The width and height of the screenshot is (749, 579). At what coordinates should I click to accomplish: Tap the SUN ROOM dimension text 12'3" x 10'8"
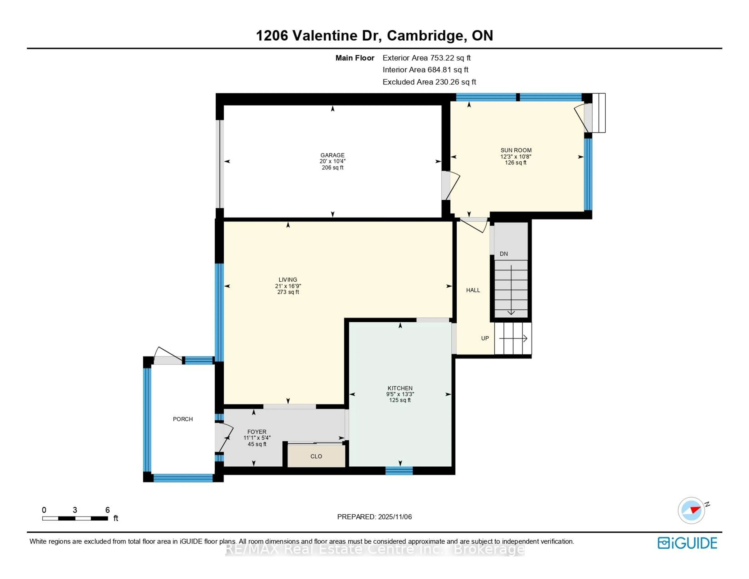pyautogui.click(x=516, y=157)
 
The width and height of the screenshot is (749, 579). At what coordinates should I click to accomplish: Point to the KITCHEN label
pyautogui.click(x=400, y=388)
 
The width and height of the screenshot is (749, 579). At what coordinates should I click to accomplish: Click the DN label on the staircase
pyautogui.click(x=503, y=254)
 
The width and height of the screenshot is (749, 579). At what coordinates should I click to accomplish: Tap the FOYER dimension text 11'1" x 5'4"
pyautogui.click(x=257, y=438)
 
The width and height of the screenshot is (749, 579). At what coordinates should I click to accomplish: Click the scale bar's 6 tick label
pyautogui.click(x=107, y=510)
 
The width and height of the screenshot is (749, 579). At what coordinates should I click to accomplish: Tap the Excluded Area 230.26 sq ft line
pyautogui.click(x=429, y=82)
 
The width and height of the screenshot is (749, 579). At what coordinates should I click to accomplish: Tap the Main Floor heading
pyautogui.click(x=355, y=58)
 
